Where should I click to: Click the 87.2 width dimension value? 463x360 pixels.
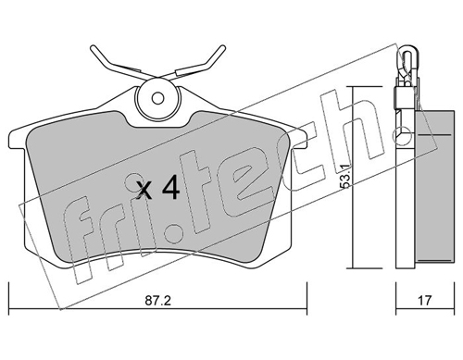[x=157, y=301]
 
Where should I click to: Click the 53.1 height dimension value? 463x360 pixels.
[x=344, y=176]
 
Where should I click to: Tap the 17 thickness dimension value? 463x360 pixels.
[x=425, y=301]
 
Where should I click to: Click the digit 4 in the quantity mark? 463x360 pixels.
[x=170, y=187]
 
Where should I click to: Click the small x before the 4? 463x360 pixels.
[x=144, y=190]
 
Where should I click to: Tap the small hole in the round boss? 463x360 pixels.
[x=157, y=99]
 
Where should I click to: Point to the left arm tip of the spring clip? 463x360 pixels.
[x=93, y=48]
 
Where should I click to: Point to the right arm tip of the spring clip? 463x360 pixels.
[x=223, y=48]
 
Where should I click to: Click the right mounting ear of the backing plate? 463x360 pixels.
[x=298, y=140]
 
